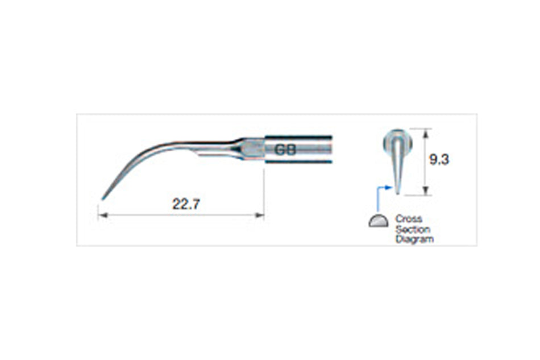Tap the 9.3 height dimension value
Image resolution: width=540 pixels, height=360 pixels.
439,160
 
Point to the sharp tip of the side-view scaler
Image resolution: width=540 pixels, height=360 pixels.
103,198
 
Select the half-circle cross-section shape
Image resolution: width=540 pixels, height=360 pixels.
379,221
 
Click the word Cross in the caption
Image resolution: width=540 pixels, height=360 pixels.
409,219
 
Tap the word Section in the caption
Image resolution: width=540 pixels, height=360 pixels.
413,229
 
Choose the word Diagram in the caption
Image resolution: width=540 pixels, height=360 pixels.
414,239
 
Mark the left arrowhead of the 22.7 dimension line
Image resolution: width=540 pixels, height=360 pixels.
101,215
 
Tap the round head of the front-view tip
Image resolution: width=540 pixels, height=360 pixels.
398,138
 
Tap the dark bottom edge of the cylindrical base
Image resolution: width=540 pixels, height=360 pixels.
298,163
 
